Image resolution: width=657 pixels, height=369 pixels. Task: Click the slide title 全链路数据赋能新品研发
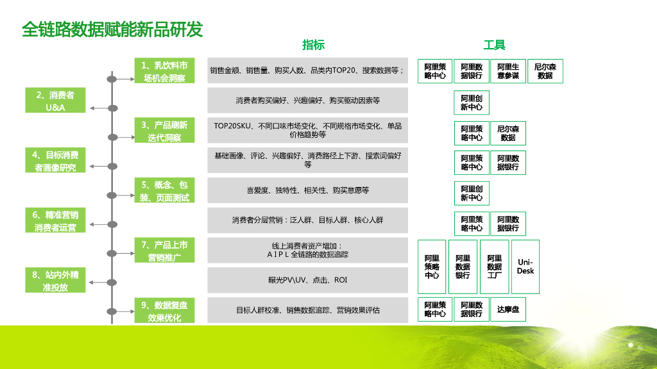[112, 29]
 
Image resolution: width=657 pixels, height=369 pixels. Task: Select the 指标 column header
[313, 45]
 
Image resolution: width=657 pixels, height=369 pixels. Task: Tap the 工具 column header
[494, 45]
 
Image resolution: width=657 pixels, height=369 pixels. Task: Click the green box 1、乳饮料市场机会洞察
[164, 71]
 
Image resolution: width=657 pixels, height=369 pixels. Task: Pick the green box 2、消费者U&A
[55, 101]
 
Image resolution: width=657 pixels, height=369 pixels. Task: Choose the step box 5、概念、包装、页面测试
[164, 191]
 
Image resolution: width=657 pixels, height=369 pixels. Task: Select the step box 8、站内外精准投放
[55, 281]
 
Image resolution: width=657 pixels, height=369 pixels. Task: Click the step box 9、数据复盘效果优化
[164, 311]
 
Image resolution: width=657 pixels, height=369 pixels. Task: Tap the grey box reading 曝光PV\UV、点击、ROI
[307, 280]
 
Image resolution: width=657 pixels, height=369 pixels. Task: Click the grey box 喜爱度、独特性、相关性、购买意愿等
[307, 190]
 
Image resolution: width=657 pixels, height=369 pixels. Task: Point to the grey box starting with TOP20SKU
[307, 130]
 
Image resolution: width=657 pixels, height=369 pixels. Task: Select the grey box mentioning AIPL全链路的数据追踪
[307, 250]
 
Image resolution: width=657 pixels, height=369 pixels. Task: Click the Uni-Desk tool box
[525, 266]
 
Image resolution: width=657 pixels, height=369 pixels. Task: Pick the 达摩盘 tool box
[508, 309]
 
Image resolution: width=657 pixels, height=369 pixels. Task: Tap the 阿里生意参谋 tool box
[508, 71]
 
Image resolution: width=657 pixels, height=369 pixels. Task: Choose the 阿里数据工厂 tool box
[494, 266]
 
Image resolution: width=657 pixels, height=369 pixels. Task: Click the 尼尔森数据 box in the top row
[545, 71]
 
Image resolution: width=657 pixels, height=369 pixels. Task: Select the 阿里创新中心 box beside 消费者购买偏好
[471, 102]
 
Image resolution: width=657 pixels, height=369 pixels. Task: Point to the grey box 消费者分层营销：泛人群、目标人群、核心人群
[307, 220]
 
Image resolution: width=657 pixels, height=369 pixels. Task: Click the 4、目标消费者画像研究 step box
[55, 161]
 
